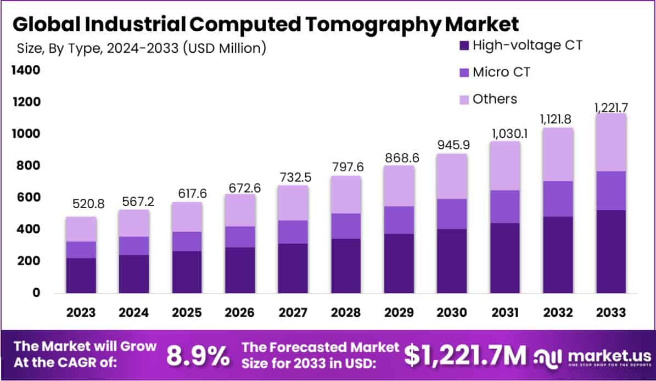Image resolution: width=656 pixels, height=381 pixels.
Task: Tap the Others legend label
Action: [495, 99]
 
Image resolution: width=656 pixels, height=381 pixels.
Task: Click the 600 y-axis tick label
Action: [27, 198]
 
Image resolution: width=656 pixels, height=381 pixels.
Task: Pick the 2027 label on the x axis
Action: [293, 312]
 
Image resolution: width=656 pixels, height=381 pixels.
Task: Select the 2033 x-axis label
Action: [611, 312]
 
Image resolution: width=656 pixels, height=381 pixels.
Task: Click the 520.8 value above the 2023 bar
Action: [88, 205]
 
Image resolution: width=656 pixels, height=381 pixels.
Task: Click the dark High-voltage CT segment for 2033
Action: [612, 251]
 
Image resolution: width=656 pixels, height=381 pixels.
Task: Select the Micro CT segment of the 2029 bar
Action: [399, 220]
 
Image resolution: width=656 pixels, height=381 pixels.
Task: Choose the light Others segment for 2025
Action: [187, 217]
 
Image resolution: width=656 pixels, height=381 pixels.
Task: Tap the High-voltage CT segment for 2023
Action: [81, 275]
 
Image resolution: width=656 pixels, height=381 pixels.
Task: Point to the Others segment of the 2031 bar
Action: [505, 166]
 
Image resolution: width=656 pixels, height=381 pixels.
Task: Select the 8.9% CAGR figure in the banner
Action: [198, 356]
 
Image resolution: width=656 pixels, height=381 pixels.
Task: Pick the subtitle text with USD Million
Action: [141, 48]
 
